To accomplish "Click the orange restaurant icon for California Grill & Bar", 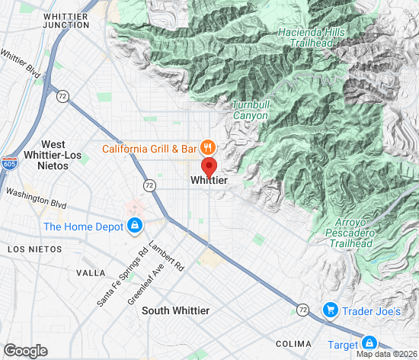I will coord(207,147).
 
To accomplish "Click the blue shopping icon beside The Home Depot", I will coord(135,225).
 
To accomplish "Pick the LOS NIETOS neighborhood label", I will coord(33,249).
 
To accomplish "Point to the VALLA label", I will coord(91,272).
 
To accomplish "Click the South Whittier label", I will coord(175,310).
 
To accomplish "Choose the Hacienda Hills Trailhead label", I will coord(312,38).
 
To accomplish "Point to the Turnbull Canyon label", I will coord(250,110).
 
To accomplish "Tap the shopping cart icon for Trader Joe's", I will coord(331,310).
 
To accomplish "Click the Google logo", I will coord(25,350).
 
